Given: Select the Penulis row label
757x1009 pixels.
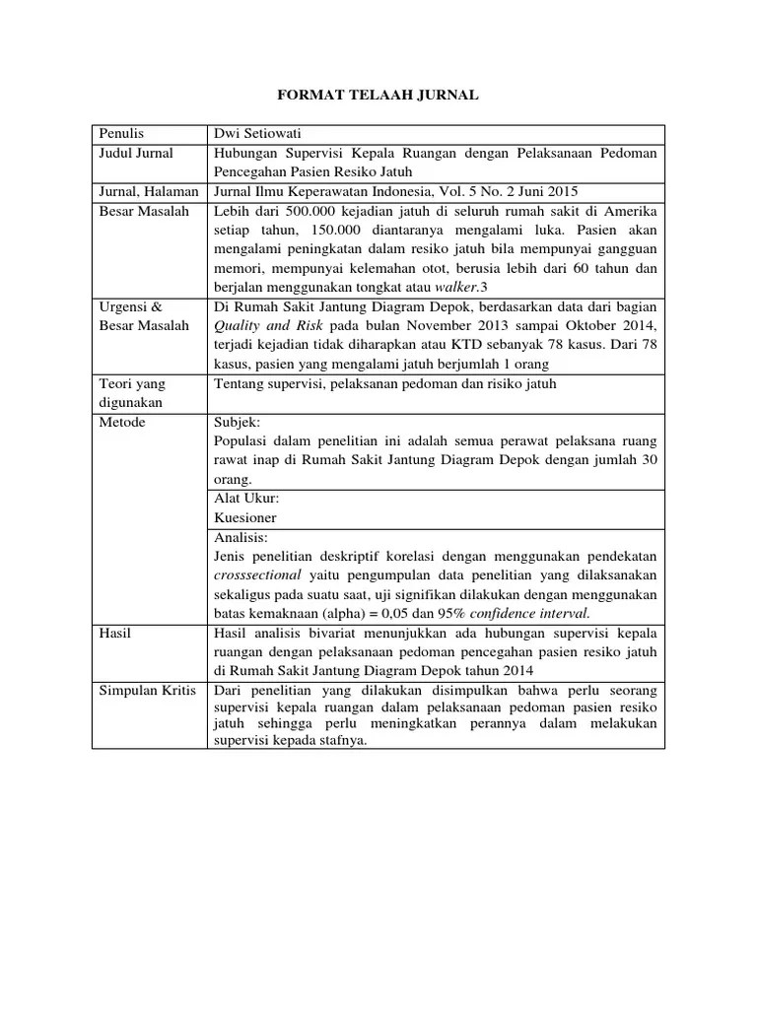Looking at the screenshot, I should [x=120, y=134].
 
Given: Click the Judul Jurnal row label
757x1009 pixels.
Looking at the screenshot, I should [x=136, y=153].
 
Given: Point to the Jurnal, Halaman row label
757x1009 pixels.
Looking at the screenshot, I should [x=147, y=191].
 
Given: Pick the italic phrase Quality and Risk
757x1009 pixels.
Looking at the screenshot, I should [x=262, y=326].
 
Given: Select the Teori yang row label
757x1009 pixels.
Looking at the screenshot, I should [x=131, y=383].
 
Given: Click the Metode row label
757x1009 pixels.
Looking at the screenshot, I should [x=121, y=422].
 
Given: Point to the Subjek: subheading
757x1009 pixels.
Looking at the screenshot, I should [x=238, y=422].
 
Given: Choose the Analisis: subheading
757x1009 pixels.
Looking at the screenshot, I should [x=241, y=537].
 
